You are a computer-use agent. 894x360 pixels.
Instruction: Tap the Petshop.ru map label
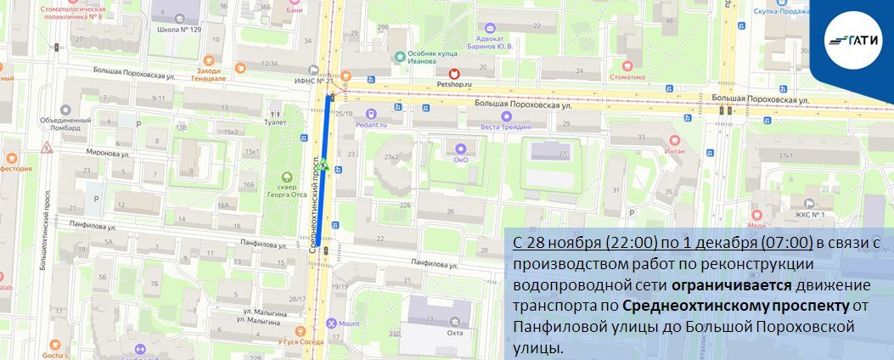click(454, 85)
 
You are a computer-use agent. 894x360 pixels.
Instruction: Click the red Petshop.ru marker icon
click(454, 74)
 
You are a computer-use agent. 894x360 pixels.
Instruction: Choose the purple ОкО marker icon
click(461, 147)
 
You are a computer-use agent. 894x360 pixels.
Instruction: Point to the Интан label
click(674, 150)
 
